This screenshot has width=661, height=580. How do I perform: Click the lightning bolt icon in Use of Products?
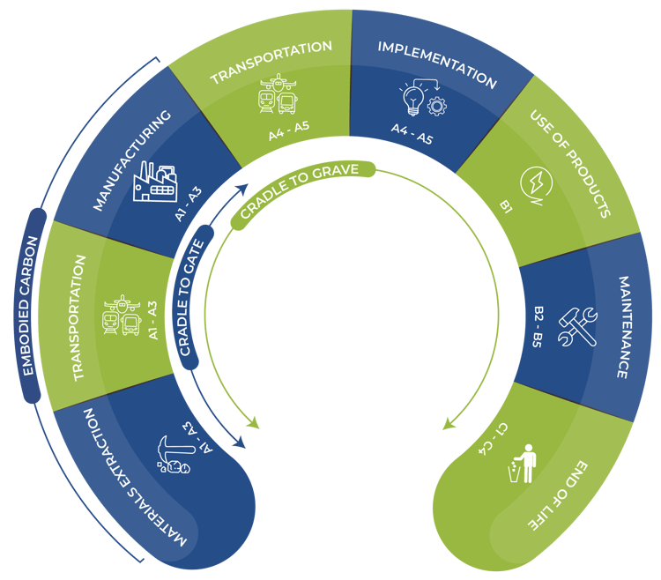pyautogui.click(x=535, y=182)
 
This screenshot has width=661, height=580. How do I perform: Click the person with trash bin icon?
pyautogui.click(x=523, y=464)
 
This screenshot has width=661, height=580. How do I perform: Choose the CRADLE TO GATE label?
pyautogui.click(x=194, y=292)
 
